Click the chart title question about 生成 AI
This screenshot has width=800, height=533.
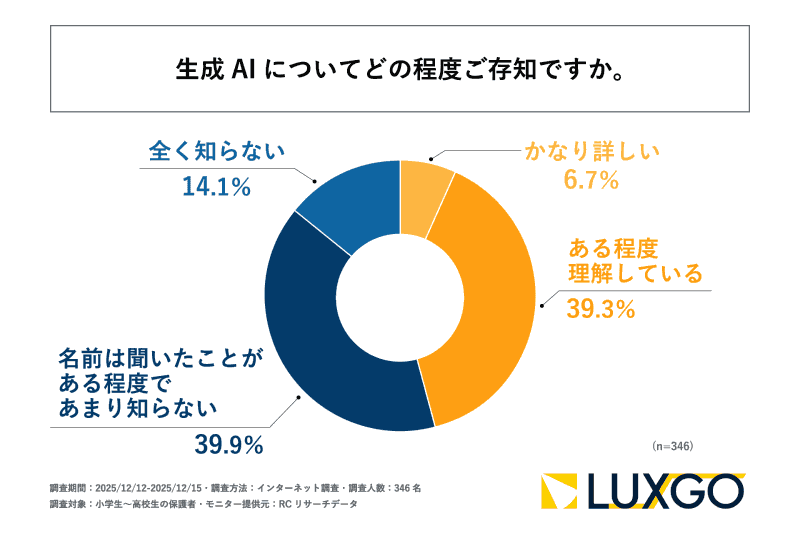coord(400,70)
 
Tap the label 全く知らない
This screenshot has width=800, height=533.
coord(217,152)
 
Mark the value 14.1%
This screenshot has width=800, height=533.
coord(216,186)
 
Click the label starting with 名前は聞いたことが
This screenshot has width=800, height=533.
coord(149,381)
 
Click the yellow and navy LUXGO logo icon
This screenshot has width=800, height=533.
coord(562,491)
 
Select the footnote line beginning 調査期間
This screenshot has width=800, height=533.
coord(235,488)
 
